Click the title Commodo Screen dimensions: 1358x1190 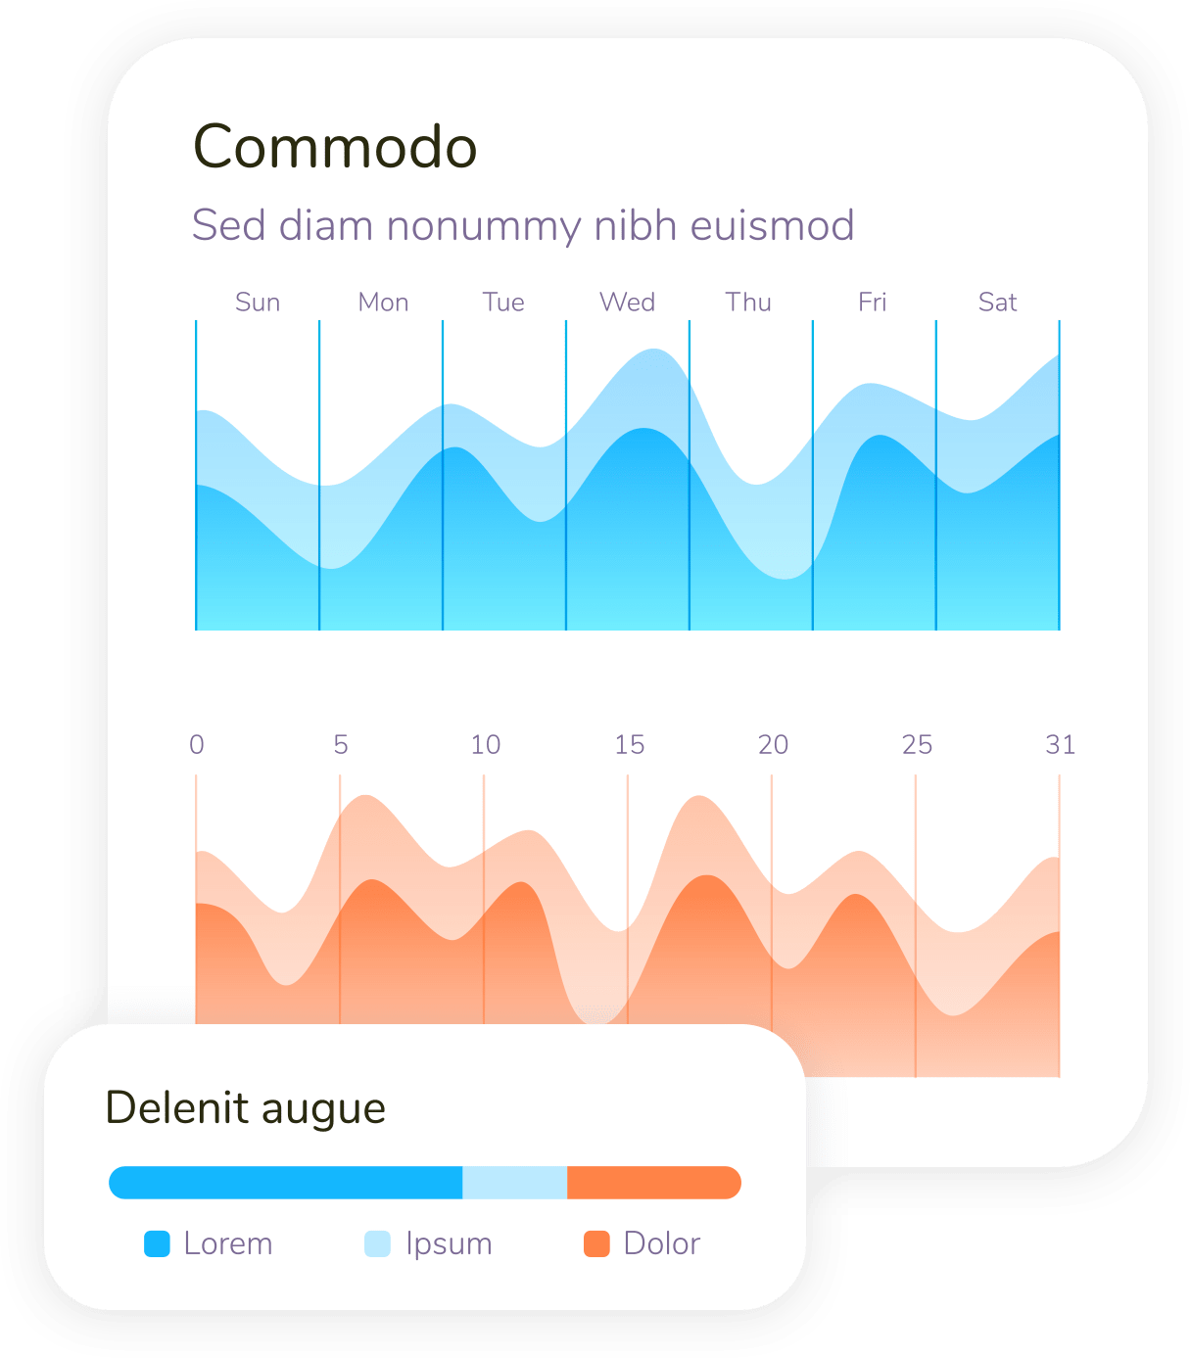(x=335, y=147)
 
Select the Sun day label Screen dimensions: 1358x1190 (x=258, y=303)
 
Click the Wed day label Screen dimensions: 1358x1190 (x=627, y=303)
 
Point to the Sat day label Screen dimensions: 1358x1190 (x=997, y=303)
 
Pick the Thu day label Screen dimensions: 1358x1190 (x=748, y=303)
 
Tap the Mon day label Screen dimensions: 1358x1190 (x=383, y=303)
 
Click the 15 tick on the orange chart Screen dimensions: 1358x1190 (x=629, y=745)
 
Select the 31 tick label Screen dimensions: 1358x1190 (x=1060, y=745)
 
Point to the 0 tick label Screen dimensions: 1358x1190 (x=197, y=745)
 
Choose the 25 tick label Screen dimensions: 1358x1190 (x=917, y=745)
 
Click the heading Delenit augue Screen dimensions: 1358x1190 (x=245, y=1108)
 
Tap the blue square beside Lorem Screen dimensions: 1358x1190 (x=157, y=1243)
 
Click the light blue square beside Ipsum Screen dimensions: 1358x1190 (x=377, y=1243)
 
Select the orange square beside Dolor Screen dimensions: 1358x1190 (x=596, y=1243)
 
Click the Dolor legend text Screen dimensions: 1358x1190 (x=661, y=1243)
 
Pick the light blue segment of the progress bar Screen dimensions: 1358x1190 (x=514, y=1183)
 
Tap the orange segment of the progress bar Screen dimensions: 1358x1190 (x=653, y=1183)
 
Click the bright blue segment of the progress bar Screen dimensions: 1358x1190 (x=285, y=1183)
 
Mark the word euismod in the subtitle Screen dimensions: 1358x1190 (x=772, y=226)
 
